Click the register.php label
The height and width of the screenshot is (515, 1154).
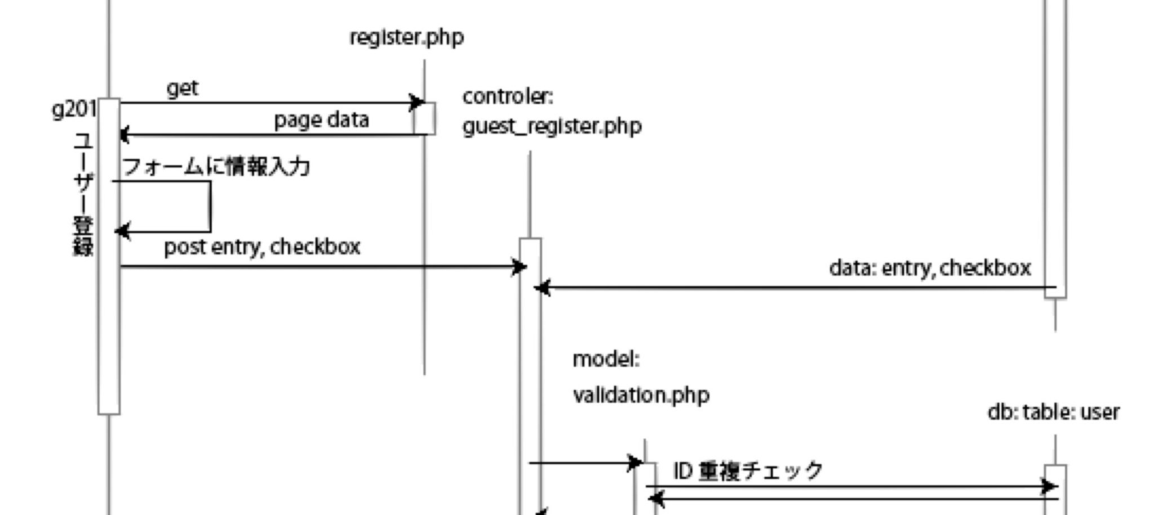pos(406,38)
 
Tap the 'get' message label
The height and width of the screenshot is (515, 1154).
pos(182,89)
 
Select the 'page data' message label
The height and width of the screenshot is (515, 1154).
pos(321,120)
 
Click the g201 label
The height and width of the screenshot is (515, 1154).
pos(73,108)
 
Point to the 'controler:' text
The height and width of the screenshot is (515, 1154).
pos(508,97)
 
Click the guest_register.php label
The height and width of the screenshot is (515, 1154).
pos(552,126)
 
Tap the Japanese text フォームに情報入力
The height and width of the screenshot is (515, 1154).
pos(216,167)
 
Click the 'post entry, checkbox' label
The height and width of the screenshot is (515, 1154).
pos(262,247)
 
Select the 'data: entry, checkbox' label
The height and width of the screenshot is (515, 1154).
pos(930,268)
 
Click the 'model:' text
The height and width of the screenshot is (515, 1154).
pos(606,359)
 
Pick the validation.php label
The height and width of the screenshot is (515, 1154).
pos(641,395)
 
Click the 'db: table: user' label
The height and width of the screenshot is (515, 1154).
pos(1053,412)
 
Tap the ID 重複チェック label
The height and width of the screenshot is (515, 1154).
pos(748,470)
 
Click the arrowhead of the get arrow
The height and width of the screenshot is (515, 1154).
pos(417,103)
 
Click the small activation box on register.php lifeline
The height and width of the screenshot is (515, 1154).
pos(425,118)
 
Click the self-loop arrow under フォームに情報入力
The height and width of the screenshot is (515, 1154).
pos(210,206)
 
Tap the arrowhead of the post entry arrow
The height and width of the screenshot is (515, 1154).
pos(520,267)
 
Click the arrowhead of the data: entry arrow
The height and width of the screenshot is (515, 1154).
pos(542,288)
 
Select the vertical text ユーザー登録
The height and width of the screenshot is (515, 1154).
pos(83,195)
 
